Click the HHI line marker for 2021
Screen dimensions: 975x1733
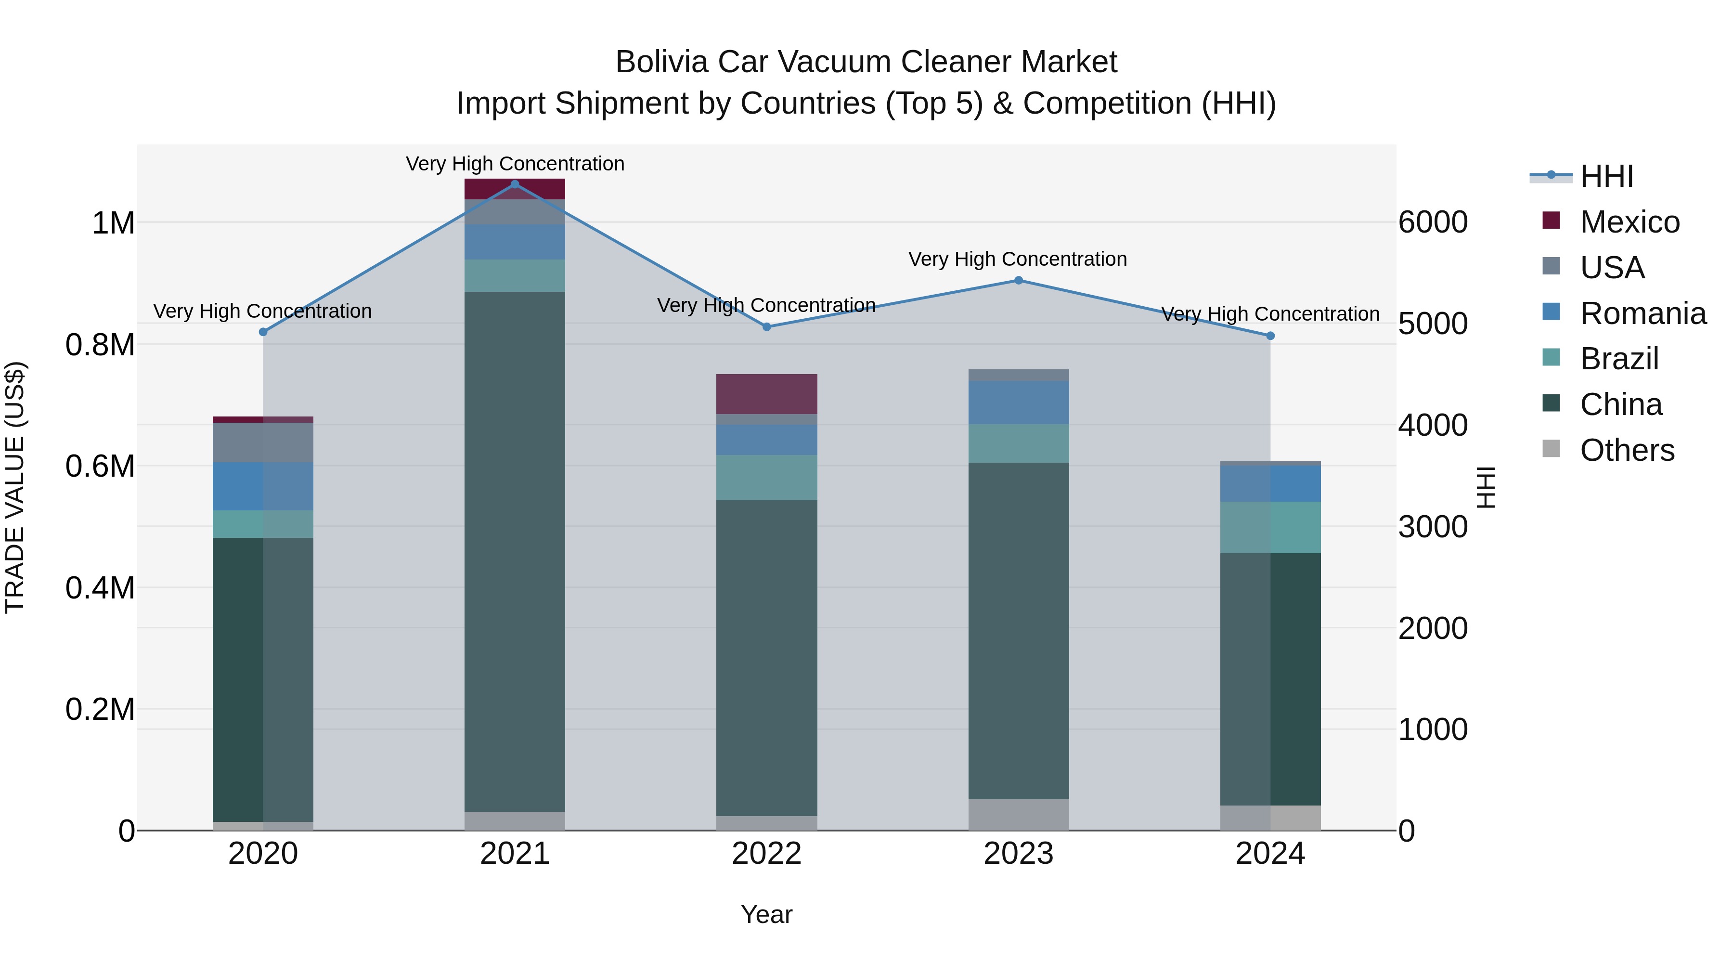coord(515,184)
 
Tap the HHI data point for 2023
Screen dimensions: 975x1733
coord(1018,281)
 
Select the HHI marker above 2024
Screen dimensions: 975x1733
coord(1270,336)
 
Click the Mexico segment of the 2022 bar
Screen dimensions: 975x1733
coord(766,394)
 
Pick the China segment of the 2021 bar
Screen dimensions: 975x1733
coord(515,552)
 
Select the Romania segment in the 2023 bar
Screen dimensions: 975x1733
coord(1018,403)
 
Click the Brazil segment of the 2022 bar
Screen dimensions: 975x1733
coord(766,477)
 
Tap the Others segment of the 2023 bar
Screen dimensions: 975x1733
coord(1018,814)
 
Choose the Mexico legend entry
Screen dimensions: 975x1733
coord(1629,222)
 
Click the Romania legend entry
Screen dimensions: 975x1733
coord(1642,313)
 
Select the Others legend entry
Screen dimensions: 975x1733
coord(1626,450)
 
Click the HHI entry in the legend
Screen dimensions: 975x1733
coord(1606,176)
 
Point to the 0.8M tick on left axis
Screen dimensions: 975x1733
coord(100,345)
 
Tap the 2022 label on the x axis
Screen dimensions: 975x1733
coord(766,853)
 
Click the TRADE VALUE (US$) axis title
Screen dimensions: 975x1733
coord(15,487)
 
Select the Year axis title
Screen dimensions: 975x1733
coord(766,914)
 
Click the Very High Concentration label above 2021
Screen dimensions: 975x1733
coord(515,164)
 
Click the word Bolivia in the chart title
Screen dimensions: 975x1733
coord(661,62)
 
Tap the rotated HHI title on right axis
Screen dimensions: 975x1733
coord(1486,487)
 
